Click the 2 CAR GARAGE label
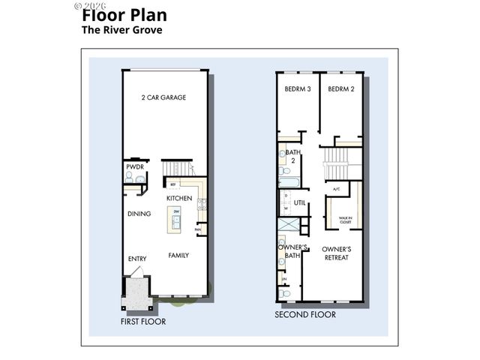click(x=163, y=98)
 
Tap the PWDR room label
click(x=134, y=166)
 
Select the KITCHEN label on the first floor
click(x=179, y=199)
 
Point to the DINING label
click(x=139, y=214)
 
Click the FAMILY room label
click(x=178, y=255)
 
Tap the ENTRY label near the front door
click(x=136, y=259)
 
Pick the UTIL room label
click(x=299, y=203)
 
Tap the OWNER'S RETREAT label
click(x=337, y=253)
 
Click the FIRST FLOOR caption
click(x=143, y=321)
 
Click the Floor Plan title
click(x=124, y=15)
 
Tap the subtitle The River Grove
click(x=121, y=31)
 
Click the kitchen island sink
click(x=176, y=222)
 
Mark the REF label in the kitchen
click(x=173, y=184)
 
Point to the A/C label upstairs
click(x=337, y=189)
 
